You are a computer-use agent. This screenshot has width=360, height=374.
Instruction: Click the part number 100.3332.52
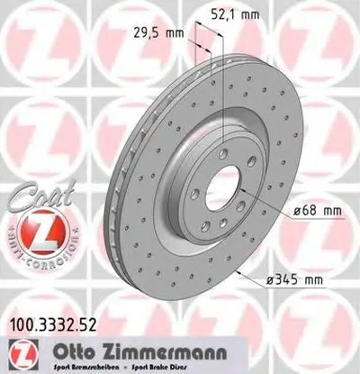coord(55,317)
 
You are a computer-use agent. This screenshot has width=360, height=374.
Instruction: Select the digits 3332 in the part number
coord(57,317)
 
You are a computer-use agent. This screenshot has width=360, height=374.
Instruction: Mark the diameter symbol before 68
coord(299,212)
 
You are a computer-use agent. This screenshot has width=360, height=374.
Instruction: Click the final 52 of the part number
coord(88,317)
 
